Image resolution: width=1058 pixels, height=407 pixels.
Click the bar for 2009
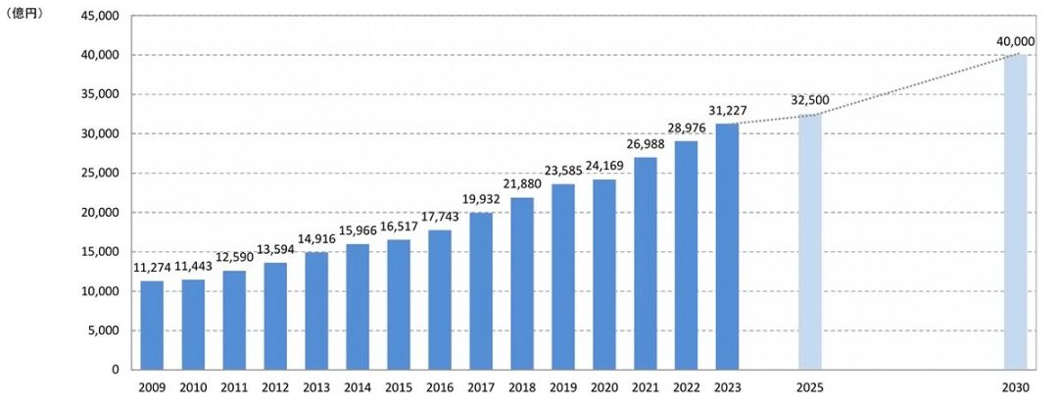pos(152,325)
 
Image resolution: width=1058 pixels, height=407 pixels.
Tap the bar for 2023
pos(727,246)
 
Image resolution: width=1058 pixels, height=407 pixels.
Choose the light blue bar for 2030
pos(1015,212)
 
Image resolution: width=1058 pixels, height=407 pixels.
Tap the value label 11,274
pos(152,269)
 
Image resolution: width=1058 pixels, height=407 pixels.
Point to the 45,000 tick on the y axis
pos(97,16)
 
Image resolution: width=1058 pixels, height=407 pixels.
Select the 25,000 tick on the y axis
pos(97,173)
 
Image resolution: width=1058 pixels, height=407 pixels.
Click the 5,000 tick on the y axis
pos(101,331)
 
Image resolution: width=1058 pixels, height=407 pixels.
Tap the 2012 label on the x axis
pos(275,386)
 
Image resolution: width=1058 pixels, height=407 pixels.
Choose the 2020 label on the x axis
pos(604,386)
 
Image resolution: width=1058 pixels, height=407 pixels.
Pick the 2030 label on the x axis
pos(1015,386)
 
